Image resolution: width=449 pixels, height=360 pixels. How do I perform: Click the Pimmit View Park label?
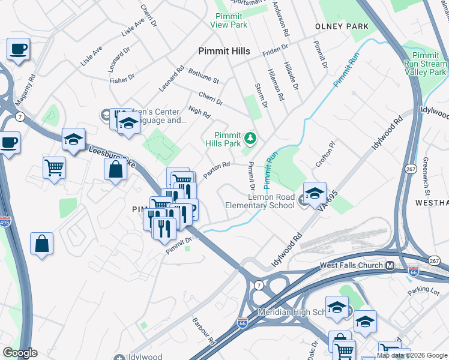(229, 21)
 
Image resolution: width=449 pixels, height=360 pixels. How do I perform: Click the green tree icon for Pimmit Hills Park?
(250, 140)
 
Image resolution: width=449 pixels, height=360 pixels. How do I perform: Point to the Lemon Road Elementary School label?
(259, 201)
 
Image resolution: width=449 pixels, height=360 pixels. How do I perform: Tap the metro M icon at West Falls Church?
(390, 265)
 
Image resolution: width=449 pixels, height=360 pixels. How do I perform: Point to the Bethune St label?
(204, 76)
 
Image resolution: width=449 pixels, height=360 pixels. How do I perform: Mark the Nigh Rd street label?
(199, 110)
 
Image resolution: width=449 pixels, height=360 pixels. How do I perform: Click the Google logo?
(20, 353)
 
